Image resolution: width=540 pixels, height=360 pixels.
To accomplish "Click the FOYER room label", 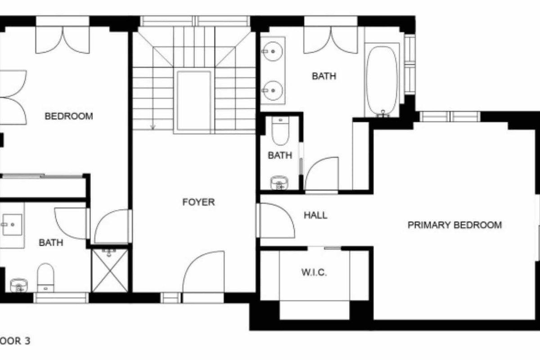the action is (x=198, y=202).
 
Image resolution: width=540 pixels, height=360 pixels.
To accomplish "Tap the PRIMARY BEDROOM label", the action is (x=454, y=225).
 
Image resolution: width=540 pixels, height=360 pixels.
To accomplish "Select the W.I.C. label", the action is (x=314, y=272).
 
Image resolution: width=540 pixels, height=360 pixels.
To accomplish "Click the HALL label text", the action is (x=315, y=215).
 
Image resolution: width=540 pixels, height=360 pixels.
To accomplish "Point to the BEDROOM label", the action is (x=69, y=116).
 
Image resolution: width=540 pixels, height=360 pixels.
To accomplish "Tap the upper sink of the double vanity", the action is (x=272, y=51).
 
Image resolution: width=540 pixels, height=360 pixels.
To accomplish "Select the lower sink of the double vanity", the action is (x=272, y=90).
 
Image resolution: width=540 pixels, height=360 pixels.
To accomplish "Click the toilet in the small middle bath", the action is (x=280, y=131).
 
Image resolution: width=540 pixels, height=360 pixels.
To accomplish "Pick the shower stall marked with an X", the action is (x=110, y=270).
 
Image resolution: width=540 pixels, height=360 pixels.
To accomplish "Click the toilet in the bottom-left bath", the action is (x=45, y=277).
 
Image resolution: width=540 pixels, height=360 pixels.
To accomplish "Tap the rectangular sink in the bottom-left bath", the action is (x=12, y=225).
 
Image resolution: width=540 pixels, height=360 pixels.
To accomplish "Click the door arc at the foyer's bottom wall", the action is (x=203, y=272).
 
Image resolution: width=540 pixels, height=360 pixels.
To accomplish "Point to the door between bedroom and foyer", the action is (x=112, y=226).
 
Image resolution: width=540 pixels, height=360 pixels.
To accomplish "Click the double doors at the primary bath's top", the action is (x=330, y=40).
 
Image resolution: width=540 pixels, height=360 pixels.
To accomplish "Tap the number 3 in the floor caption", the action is (x=27, y=341).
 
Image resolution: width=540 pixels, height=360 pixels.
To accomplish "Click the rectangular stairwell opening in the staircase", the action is (x=194, y=100).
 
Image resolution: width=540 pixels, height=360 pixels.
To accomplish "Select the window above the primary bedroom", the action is (x=450, y=117).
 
